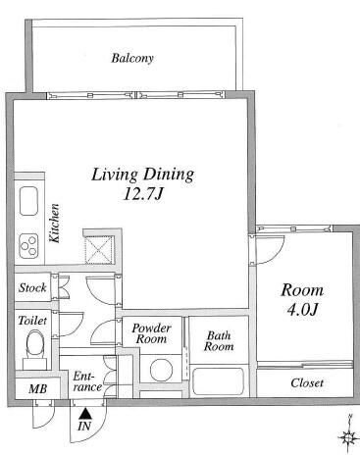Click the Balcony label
pos(132,58)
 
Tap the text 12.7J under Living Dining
pos(143,195)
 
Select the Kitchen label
pos(55,224)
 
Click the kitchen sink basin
pos(28,201)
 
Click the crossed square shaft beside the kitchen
pos(99,250)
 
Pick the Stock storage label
pos(32,287)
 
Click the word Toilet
pos(32,321)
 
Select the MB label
pos(37,388)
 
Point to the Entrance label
pos(87,381)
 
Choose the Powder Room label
pos(151,333)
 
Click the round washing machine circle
pos(161,371)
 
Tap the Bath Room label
pos(219,341)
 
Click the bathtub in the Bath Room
pos(219,381)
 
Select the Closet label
pos(307,382)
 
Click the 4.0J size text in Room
pos(302,310)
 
